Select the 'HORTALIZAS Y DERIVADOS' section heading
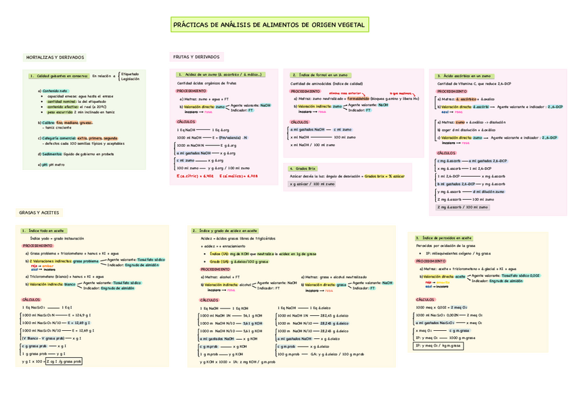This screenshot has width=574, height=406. click(55, 58)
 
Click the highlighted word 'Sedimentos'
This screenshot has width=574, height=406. click(49, 154)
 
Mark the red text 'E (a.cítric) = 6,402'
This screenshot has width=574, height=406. click(196, 175)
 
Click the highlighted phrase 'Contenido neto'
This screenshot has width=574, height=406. click(54, 91)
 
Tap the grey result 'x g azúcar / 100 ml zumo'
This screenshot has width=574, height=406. click(312, 183)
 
